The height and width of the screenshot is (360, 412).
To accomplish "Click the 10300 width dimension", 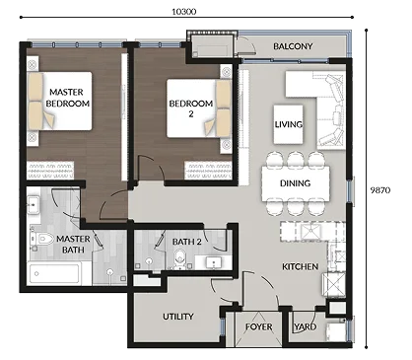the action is tap(184, 12).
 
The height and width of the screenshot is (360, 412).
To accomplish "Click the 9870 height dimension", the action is tap(380, 190).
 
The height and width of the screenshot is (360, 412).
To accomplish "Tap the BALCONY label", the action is tap(293, 46).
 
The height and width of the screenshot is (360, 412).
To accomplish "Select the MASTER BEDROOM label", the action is tap(67, 98).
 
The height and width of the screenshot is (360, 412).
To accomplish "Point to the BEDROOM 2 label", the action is tap(191, 108).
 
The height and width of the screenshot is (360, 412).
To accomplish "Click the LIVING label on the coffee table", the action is tap(289, 124).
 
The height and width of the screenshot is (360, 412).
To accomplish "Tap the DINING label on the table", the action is tap(295, 183).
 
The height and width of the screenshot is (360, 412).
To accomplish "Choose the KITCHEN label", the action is tap(300, 266).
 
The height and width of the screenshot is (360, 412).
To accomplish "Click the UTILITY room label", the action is tap(178, 317).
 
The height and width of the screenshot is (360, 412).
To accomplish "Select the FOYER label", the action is tap(259, 326).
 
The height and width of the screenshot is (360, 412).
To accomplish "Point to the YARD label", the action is tap(306, 326).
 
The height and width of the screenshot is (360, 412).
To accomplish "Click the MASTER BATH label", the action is tap(73, 245).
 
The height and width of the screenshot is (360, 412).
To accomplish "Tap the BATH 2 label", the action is tap(186, 242).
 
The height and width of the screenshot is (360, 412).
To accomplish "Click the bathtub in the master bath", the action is tap(55, 273).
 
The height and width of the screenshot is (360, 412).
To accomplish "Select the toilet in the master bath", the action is tap(41, 239).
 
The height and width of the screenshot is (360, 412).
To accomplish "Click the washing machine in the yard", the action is tap(335, 331).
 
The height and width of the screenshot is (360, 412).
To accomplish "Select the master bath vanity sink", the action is tap(34, 205).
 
